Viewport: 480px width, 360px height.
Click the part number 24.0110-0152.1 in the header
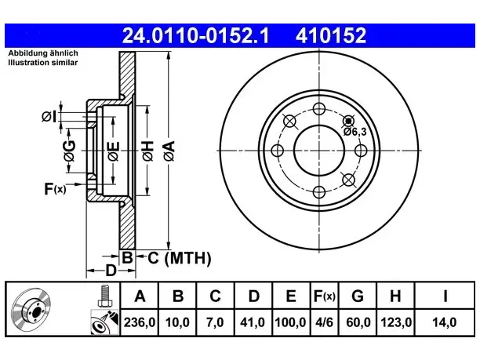[195, 35]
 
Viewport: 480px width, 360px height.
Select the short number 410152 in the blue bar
[331, 35]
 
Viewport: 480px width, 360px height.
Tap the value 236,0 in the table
[140, 322]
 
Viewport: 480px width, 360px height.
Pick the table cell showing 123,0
[396, 322]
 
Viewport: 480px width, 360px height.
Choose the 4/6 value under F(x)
[324, 322]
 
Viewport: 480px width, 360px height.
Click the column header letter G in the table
[358, 296]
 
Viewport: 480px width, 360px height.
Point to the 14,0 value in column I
[445, 322]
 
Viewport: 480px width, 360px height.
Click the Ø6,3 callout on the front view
[355, 132]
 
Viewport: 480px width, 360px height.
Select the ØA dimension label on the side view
[169, 151]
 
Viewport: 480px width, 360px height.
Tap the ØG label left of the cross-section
[70, 151]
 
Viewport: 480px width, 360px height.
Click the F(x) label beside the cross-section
[55, 189]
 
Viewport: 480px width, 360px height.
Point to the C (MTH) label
[180, 258]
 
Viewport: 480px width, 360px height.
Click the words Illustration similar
[43, 63]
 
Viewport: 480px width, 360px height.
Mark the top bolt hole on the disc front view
[319, 109]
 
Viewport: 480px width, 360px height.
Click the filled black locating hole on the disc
[348, 121]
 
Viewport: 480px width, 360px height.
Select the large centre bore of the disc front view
[319, 151]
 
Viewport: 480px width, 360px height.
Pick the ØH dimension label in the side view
[147, 151]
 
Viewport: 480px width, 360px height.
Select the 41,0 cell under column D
[253, 322]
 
